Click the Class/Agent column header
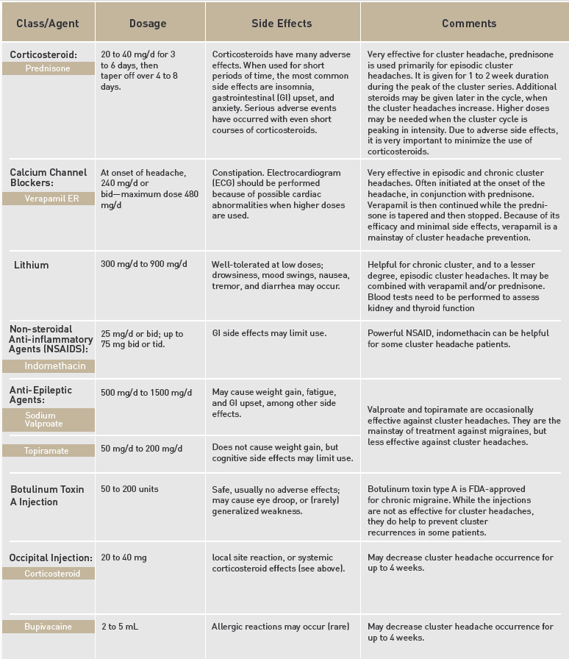tap(47, 24)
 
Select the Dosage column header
tap(148, 24)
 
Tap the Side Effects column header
tap(282, 24)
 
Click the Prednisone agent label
tap(48, 68)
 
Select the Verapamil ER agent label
tap(48, 199)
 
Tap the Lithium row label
tap(31, 264)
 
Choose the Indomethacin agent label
tap(55, 366)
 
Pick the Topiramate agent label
tap(47, 450)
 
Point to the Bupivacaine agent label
tap(48, 627)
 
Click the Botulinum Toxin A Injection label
tap(47, 495)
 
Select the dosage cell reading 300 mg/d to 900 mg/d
tap(144, 264)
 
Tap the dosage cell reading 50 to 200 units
tap(129, 489)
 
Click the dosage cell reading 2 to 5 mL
tap(120, 627)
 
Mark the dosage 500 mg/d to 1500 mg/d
tap(146, 392)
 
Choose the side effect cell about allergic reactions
tap(280, 627)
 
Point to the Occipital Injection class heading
tap(51, 558)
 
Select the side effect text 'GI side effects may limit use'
tap(269, 333)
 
